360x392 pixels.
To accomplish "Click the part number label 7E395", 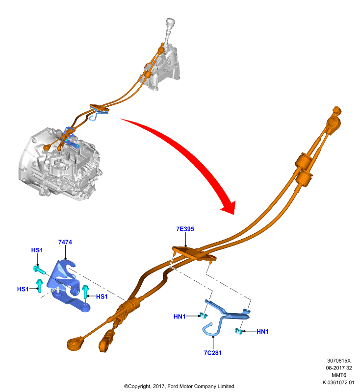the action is tap(185, 229).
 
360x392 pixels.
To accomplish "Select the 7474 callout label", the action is tap(65, 242).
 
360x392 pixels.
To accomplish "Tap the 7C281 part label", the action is tap(213, 353).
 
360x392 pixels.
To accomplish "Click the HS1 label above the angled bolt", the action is tap(37, 250).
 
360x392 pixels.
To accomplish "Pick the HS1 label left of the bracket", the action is tap(23, 289).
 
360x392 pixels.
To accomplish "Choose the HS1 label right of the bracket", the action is tap(102, 296).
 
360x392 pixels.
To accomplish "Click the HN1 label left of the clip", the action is tap(180, 317).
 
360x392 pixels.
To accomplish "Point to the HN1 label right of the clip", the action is tap(262, 332).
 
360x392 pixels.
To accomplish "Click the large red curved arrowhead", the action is tap(229, 207).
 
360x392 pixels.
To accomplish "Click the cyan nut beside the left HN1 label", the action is tap(203, 315).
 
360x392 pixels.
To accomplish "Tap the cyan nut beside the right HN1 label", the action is tap(239, 332).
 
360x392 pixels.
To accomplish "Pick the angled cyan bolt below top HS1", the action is tap(39, 269).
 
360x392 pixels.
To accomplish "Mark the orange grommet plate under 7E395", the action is tap(194, 253).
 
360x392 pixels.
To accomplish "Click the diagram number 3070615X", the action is tap(339, 361).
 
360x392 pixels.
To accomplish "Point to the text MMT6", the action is tap(339, 375).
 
